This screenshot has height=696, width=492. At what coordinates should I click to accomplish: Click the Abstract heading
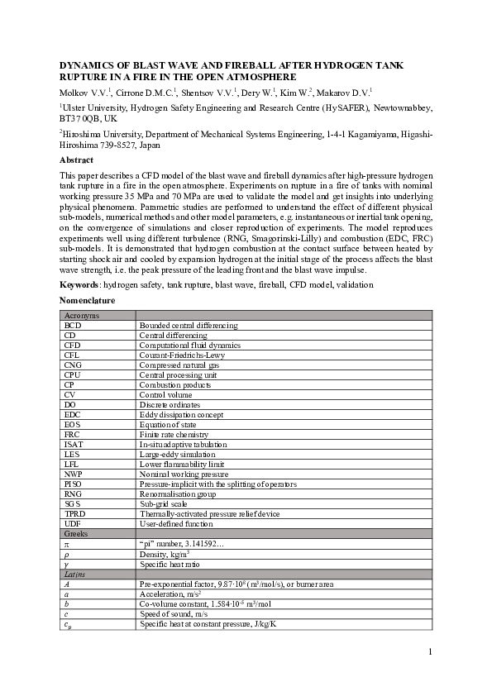tap(76, 160)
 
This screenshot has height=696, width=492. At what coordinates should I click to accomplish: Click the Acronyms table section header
tap(82, 316)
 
